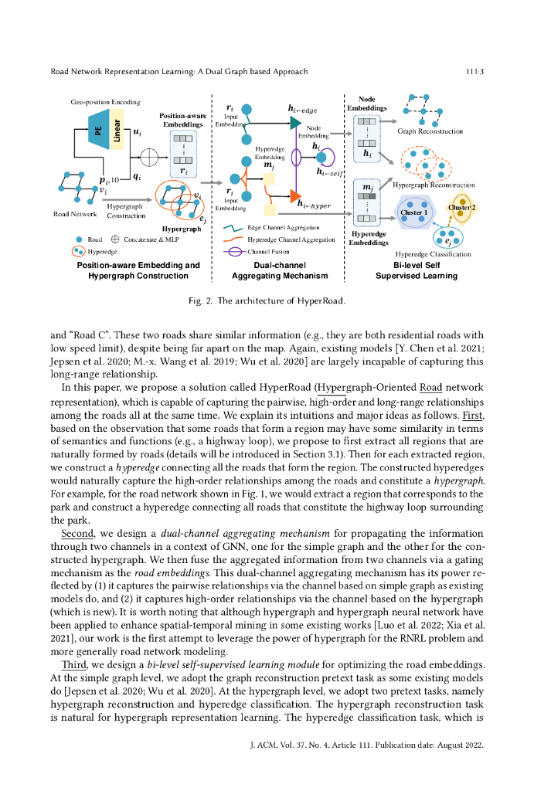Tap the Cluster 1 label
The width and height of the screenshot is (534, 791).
pos(413,212)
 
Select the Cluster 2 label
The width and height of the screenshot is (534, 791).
pos(461,208)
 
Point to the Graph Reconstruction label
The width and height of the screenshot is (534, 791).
pos(430,131)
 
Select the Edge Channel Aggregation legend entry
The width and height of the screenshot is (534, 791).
pos(282,229)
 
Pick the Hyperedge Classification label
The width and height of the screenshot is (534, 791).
pos(433,254)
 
